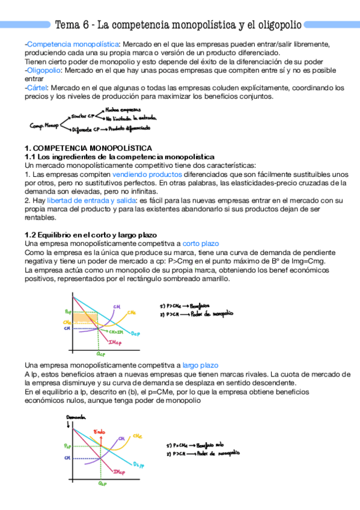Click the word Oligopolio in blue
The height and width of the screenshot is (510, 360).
click(x=44, y=70)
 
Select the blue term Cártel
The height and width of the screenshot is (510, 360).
click(x=38, y=87)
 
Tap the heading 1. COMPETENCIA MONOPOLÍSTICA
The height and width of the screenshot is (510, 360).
click(x=88, y=148)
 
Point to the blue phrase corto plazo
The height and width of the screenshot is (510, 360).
click(x=201, y=244)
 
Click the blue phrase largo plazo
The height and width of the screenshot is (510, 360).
click(x=201, y=366)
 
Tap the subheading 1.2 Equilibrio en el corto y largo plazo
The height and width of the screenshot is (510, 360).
click(x=90, y=235)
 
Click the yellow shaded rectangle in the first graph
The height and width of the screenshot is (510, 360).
click(x=83, y=318)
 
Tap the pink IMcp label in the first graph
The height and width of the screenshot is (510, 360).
click(x=115, y=342)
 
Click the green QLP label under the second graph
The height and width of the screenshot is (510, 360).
click(x=103, y=482)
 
